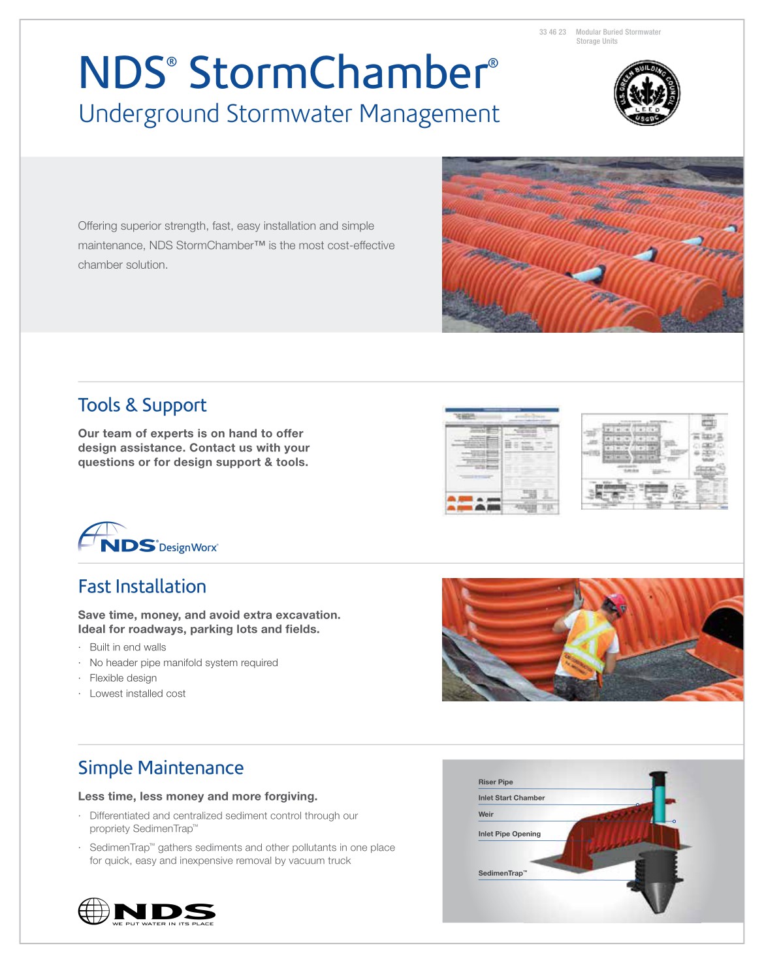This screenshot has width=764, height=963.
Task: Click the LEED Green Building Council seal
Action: point(646,93)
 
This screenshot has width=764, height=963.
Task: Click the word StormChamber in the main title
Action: point(338,72)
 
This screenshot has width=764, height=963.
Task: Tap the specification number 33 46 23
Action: point(552,32)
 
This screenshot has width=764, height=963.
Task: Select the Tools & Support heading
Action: point(142,405)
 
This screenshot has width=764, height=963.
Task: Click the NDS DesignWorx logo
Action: point(148,539)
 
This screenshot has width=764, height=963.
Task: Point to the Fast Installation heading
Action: point(142,587)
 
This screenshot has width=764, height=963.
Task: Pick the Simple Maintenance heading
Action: point(161,768)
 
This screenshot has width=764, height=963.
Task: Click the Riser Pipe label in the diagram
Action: point(496,782)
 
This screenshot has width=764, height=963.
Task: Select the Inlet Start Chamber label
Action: point(511,798)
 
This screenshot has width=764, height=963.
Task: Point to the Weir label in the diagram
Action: point(486,814)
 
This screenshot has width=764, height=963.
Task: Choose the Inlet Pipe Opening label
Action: point(509,834)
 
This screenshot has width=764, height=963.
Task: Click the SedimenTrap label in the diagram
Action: point(502,873)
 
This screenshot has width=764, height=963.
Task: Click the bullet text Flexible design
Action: point(123,679)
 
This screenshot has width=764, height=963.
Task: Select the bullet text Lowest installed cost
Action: point(138,694)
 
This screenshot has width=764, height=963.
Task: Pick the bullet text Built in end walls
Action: point(128,647)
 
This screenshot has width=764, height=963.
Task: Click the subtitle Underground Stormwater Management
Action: point(289,114)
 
